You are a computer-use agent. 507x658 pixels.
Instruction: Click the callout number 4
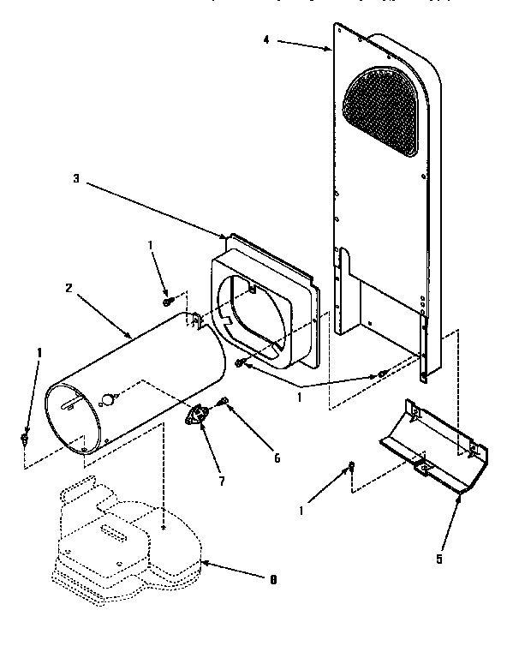pos(266,40)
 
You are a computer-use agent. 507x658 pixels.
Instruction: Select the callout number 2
pos(68,288)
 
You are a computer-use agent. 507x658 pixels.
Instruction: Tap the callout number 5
pos(439,559)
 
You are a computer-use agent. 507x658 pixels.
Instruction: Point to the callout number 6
pos(277,458)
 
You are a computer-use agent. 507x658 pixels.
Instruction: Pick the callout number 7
pos(222,482)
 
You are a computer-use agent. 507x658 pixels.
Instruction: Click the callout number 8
pos(272,580)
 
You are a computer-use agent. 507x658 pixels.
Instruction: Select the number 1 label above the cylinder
pos(151,245)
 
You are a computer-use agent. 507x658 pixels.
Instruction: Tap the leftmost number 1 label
pos(39,352)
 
